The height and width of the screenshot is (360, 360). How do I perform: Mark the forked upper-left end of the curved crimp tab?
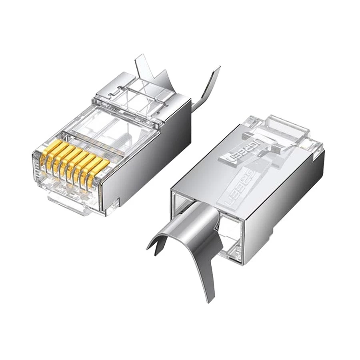(154, 242)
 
